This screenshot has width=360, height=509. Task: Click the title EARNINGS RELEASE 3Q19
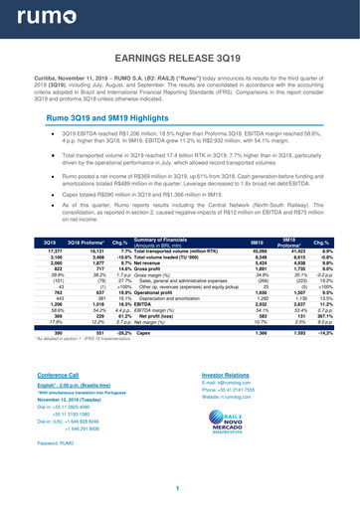[180, 59]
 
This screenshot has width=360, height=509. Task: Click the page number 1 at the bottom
[180, 489]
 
